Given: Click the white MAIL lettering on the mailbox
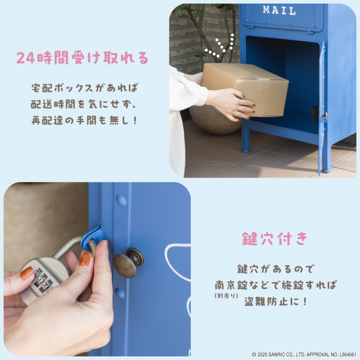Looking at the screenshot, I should click(279, 10).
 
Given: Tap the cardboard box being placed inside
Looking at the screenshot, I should click(245, 88).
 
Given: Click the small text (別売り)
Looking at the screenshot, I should click(226, 296).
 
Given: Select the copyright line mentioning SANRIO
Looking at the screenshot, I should click(304, 354).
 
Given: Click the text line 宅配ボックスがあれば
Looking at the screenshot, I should click(84, 88).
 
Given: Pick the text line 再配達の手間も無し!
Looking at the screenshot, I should click(84, 120).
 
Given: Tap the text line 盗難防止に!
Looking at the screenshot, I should click(275, 302).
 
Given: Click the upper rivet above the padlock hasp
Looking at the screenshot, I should click(121, 200).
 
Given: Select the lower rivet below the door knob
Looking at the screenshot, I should click(120, 293).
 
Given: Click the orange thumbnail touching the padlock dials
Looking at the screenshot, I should click(27, 273).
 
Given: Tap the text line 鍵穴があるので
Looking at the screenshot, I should click(275, 269).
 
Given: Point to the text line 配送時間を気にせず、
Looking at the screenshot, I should click(84, 104).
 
